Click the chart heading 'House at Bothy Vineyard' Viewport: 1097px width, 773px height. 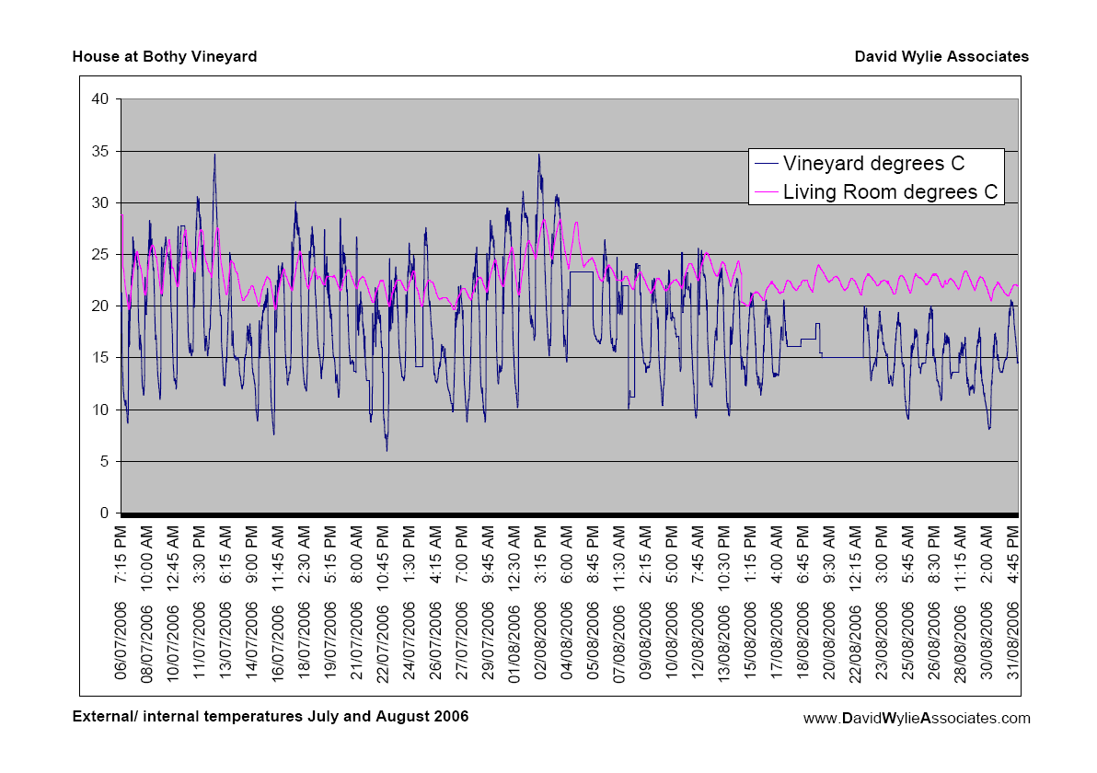point(165,57)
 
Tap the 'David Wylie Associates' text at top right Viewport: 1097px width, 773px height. point(941,57)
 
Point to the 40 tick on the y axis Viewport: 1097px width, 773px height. point(100,99)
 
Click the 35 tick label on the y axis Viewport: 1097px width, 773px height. point(100,151)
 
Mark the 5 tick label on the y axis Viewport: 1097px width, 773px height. point(105,462)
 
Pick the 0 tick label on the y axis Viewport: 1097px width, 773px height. point(105,513)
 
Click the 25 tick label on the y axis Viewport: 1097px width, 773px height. point(100,255)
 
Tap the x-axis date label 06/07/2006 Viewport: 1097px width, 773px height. point(121,640)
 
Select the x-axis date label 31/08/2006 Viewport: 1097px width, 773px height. point(1012,640)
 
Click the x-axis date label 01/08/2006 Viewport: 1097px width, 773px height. point(514,640)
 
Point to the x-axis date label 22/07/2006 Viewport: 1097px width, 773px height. point(384,640)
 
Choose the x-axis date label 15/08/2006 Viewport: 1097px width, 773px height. point(750,640)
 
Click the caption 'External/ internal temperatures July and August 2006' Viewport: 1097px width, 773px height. point(271,716)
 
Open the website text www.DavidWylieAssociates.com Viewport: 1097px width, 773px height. point(917,719)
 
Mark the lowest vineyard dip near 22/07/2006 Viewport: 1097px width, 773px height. point(387,450)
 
